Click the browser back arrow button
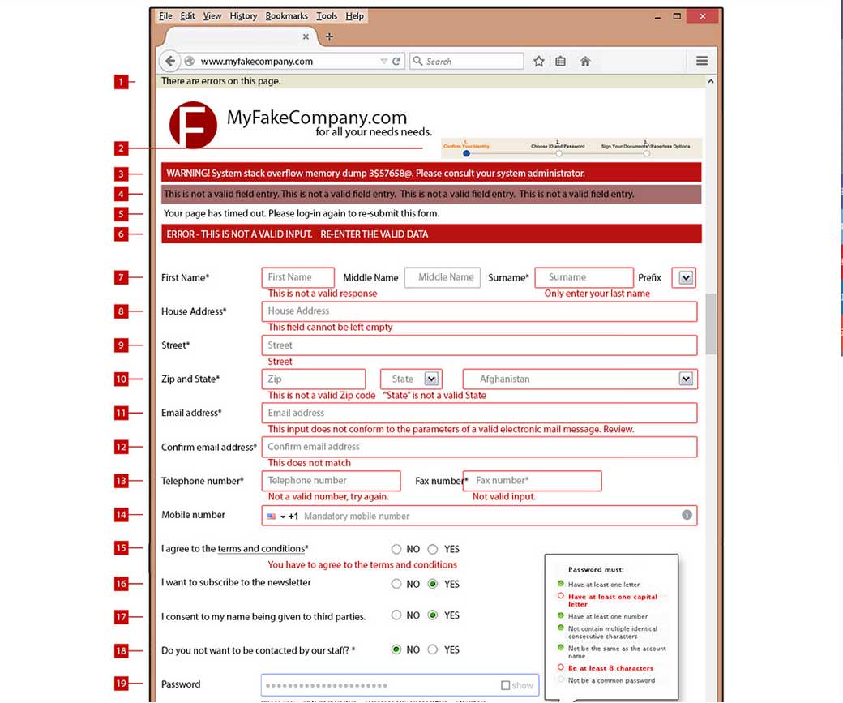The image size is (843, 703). coord(169,61)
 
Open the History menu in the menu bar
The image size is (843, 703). coord(243,16)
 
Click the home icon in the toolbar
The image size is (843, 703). coord(585,61)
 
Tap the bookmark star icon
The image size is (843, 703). coord(539,61)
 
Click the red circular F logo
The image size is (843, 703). coord(193,125)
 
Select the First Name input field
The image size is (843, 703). coord(297,277)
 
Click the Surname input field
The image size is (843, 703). coord(584,277)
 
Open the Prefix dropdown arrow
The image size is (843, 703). coord(686,277)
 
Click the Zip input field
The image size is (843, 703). coord(313,379)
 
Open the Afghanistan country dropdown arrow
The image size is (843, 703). coord(686,379)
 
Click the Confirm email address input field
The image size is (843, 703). coord(478,447)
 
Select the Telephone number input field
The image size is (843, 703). coord(331,481)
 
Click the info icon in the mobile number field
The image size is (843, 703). coord(687,515)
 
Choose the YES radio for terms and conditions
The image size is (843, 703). coord(433,549)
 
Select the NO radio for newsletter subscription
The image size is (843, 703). coord(396,584)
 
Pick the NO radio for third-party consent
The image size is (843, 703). coord(396,615)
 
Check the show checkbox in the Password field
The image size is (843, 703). coord(506,685)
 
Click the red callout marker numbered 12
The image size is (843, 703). coord(121,447)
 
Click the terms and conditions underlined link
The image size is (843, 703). coord(261,549)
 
